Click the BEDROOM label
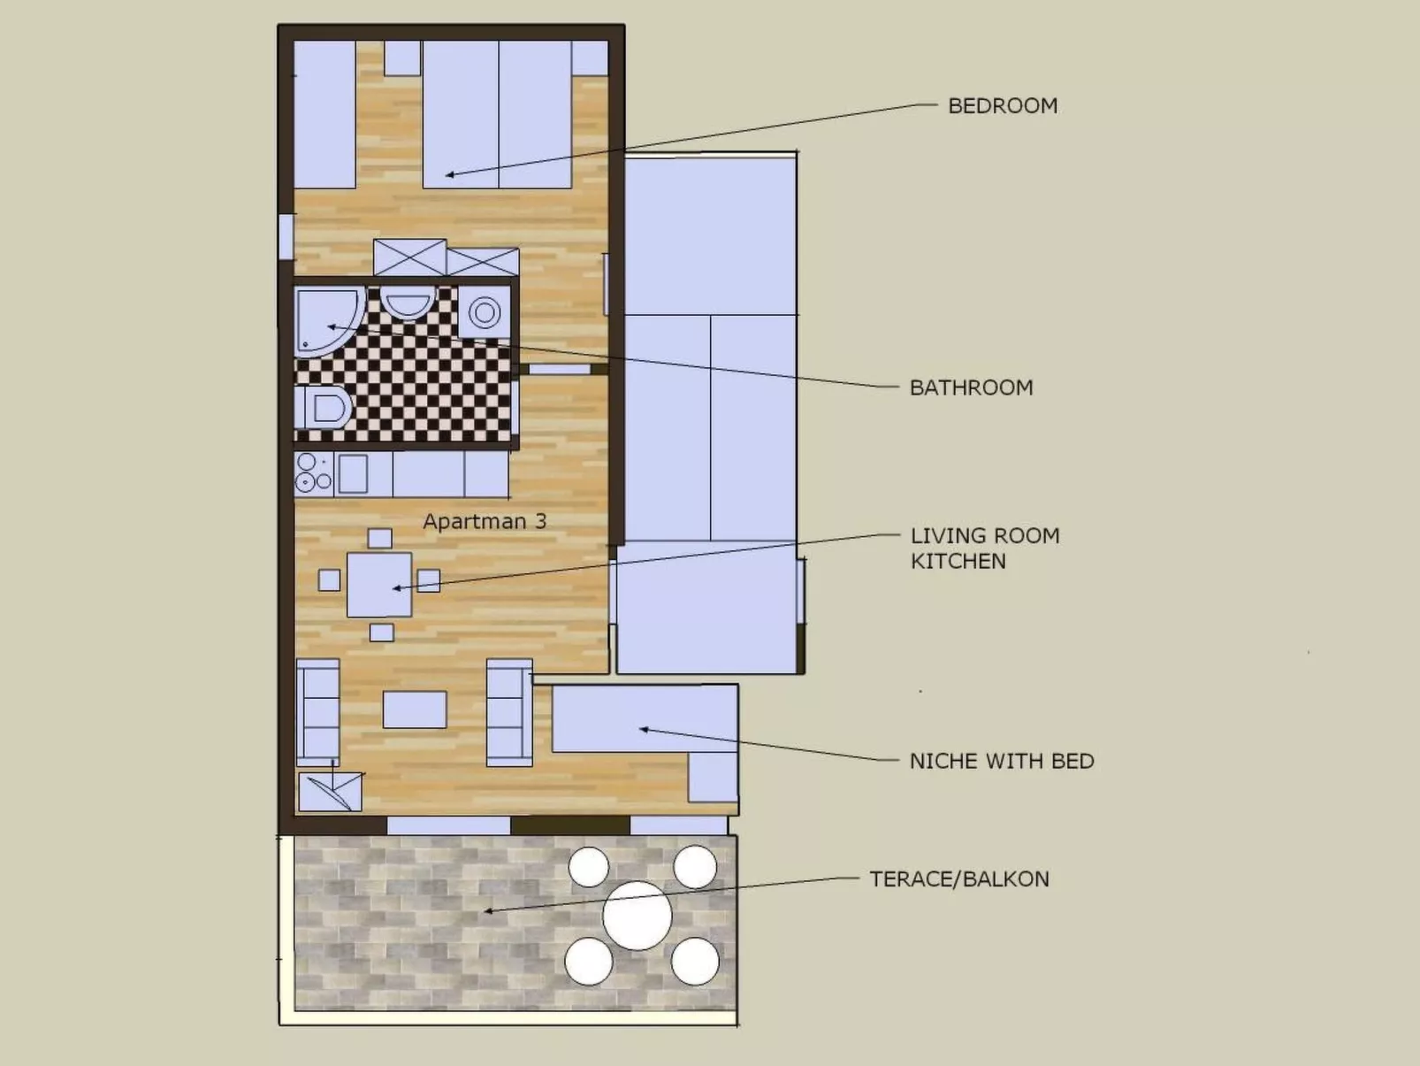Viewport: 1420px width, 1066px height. pyautogui.click(x=1002, y=106)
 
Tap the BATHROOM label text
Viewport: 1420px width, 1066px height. pyautogui.click(x=971, y=387)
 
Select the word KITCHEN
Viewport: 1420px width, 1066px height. pyautogui.click(x=958, y=562)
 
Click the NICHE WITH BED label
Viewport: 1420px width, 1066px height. pyautogui.click(x=1001, y=762)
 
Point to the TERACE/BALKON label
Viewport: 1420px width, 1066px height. pyautogui.click(x=958, y=879)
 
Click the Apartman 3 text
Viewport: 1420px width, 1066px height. pyautogui.click(x=485, y=522)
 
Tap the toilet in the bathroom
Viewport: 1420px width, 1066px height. pyautogui.click(x=324, y=409)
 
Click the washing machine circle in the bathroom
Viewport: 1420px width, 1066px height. pyautogui.click(x=485, y=312)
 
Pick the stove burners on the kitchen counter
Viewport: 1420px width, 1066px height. pyautogui.click(x=313, y=473)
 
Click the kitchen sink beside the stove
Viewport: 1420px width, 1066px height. pyautogui.click(x=353, y=474)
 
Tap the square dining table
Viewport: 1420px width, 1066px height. pyautogui.click(x=379, y=585)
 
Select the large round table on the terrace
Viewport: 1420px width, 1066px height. pyautogui.click(x=637, y=916)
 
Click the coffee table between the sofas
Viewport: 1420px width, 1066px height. pyautogui.click(x=415, y=709)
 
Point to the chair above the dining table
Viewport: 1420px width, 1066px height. pyautogui.click(x=379, y=538)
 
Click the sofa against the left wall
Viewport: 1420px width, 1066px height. pyautogui.click(x=317, y=712)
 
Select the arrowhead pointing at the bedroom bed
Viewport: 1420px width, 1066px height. pyautogui.click(x=449, y=175)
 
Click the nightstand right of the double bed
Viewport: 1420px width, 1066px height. pyautogui.click(x=589, y=58)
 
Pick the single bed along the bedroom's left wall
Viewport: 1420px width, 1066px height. pyautogui.click(x=324, y=115)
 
